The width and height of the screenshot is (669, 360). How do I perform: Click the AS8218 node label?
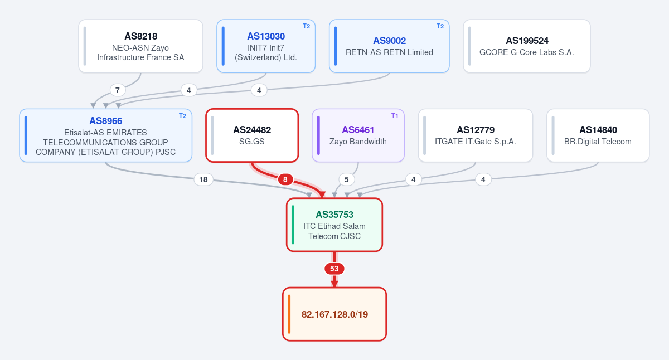point(140,36)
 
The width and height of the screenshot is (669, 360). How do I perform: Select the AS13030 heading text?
point(266,36)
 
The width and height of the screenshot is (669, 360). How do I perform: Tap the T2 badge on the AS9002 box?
point(440,26)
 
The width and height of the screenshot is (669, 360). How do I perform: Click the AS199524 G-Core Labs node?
point(527,46)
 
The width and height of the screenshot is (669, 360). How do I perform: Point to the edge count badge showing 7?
point(118,90)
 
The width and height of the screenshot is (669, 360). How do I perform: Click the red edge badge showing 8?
point(285,179)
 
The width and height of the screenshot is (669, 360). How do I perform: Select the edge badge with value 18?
point(203,179)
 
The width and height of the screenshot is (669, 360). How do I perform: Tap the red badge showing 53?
point(334,269)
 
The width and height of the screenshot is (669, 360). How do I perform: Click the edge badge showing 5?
point(346,179)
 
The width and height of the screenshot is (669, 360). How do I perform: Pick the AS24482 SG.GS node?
point(252,135)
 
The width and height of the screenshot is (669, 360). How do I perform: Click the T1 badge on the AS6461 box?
point(395,116)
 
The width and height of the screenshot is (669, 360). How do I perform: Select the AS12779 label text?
point(476,130)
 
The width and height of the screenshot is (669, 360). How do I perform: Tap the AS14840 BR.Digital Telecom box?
point(598,135)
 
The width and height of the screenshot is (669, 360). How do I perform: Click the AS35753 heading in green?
point(334,215)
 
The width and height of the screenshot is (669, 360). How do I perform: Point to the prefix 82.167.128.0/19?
point(334,314)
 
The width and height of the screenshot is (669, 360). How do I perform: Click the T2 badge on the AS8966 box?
point(182,116)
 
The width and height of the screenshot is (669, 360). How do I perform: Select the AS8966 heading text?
point(106,121)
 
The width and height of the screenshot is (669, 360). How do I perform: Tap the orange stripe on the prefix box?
point(289,314)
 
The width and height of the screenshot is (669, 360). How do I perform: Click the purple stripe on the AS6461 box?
point(318,135)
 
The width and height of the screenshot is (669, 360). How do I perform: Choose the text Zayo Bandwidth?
point(358,142)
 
